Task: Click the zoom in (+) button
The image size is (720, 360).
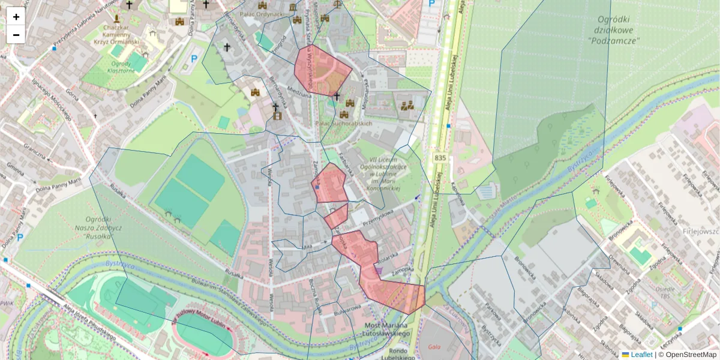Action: [x=16, y=16]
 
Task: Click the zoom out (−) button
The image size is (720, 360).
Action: [x=16, y=35]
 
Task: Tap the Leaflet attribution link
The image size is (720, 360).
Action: [x=641, y=355]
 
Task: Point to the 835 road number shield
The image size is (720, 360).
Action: [x=440, y=158]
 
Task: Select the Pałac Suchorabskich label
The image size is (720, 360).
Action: [x=344, y=124]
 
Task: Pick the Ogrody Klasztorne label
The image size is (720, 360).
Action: [x=121, y=67]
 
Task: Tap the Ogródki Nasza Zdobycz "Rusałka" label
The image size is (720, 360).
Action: [x=104, y=228]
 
